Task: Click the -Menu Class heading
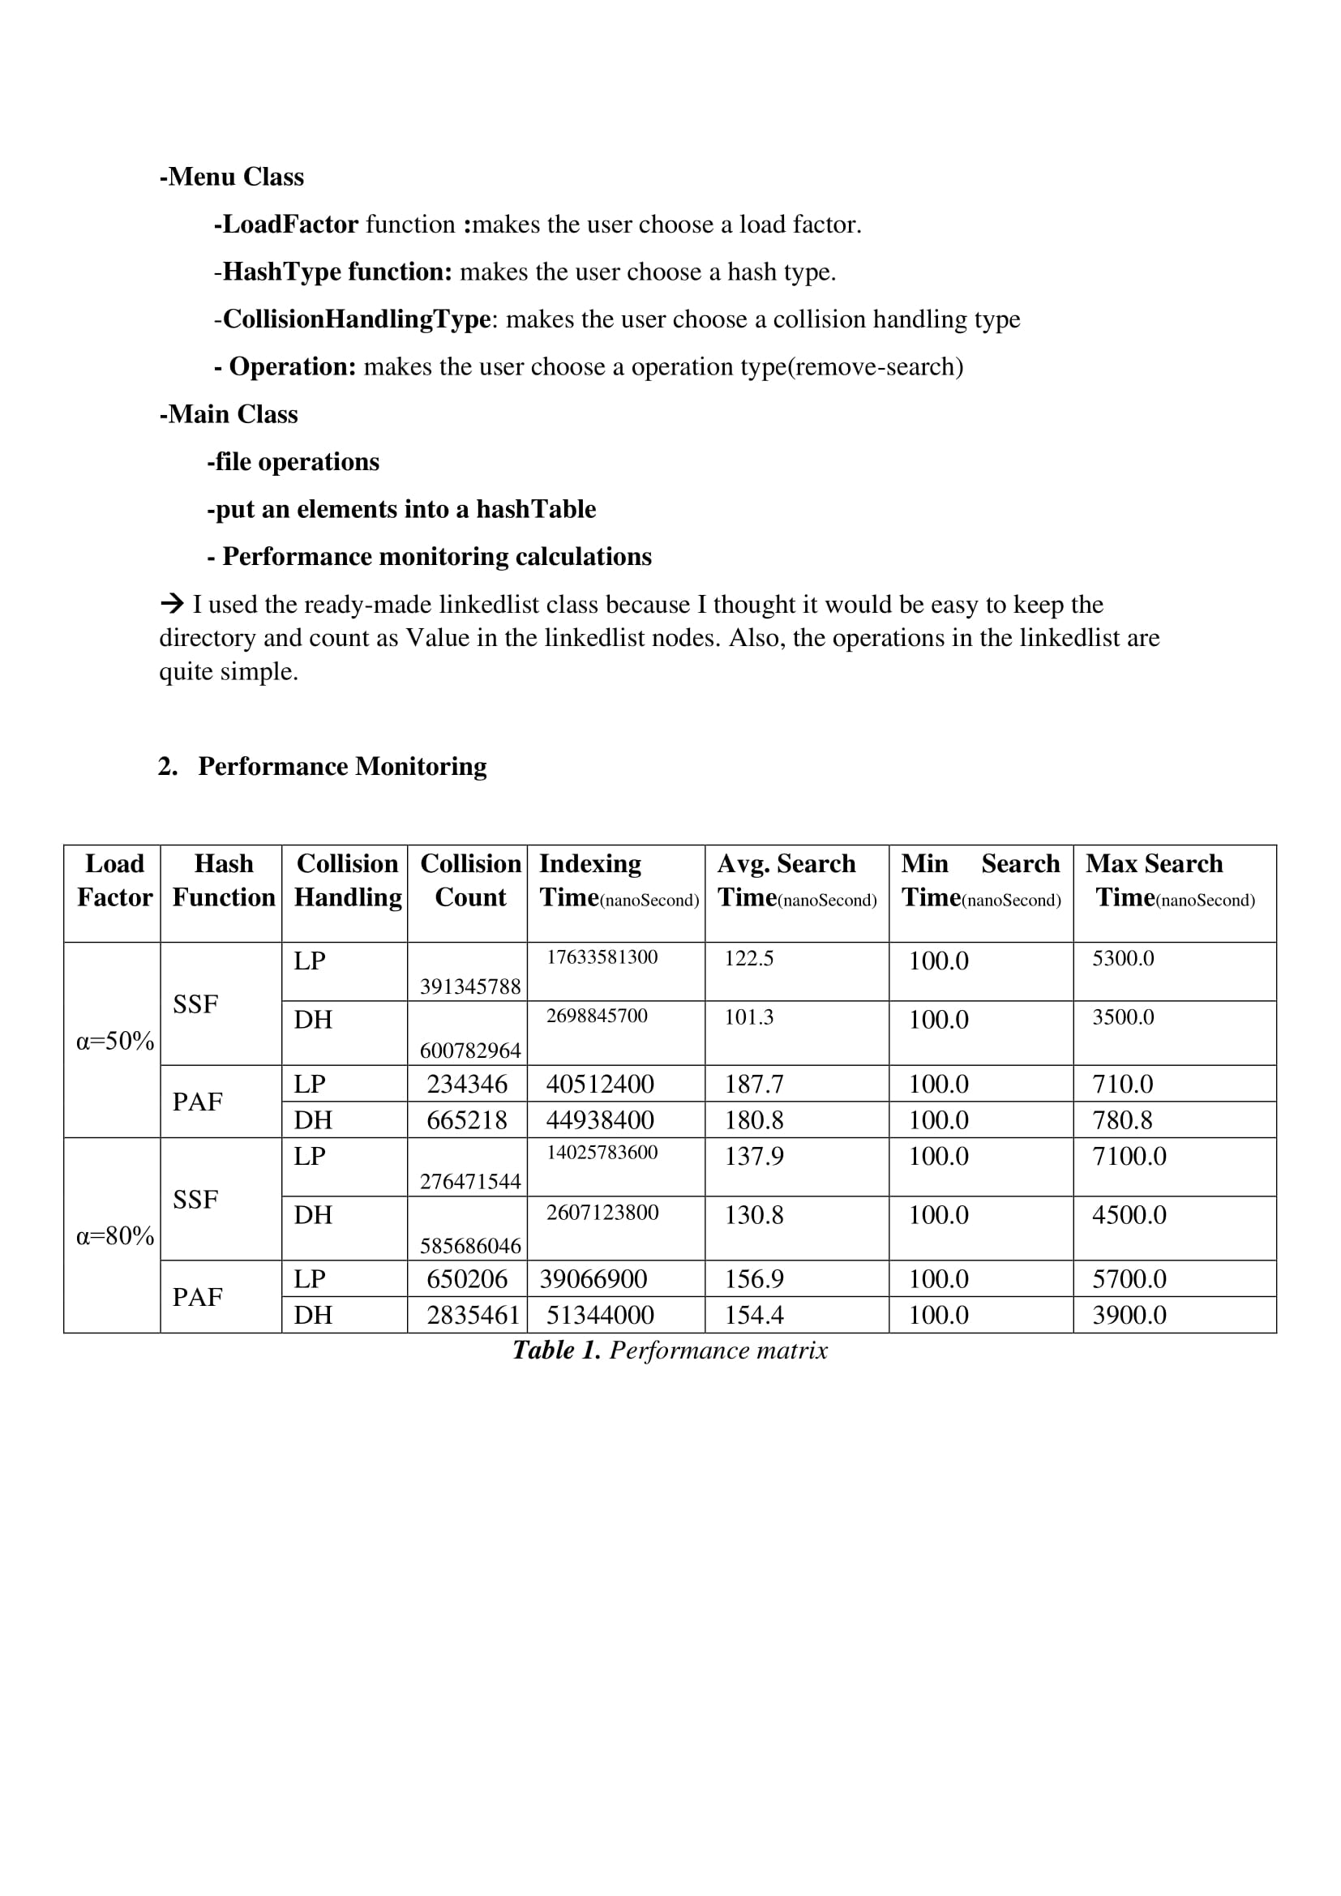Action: click(x=231, y=177)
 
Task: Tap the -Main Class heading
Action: click(x=228, y=413)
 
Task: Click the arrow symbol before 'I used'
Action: click(x=172, y=604)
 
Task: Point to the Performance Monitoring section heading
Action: click(x=342, y=766)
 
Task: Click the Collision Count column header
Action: click(x=470, y=880)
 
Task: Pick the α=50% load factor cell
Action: click(x=115, y=1041)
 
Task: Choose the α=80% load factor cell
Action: click(x=115, y=1235)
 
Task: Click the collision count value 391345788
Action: click(x=470, y=987)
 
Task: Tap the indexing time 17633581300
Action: click(x=602, y=957)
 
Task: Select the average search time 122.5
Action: click(x=749, y=958)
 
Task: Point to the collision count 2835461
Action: click(x=473, y=1315)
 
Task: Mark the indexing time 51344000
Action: click(x=599, y=1315)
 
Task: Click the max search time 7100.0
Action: click(x=1129, y=1156)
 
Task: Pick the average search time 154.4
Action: click(x=753, y=1315)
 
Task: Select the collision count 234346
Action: click(x=466, y=1084)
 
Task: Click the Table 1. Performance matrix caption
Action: click(x=670, y=1350)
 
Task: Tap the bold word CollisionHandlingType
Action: click(x=357, y=319)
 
